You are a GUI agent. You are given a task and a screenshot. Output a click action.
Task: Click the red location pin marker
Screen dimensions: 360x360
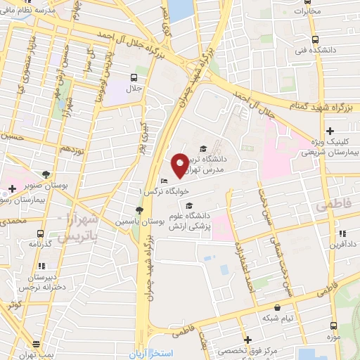point(180,165)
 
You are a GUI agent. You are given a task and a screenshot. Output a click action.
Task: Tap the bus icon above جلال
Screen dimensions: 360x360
point(134,77)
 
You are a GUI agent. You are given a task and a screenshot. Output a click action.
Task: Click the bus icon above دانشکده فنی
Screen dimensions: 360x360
point(315,39)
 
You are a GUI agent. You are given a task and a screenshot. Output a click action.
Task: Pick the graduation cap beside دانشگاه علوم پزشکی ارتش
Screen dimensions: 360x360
point(188,205)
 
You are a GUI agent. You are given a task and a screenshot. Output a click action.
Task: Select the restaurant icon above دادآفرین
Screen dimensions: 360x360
point(341,233)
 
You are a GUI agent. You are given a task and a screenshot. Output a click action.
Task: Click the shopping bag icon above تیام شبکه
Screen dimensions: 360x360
point(278,307)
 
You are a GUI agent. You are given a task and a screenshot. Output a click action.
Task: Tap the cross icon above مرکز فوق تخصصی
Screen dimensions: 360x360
point(247,340)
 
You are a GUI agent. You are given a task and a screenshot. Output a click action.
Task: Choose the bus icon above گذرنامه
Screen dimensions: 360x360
point(40,233)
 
